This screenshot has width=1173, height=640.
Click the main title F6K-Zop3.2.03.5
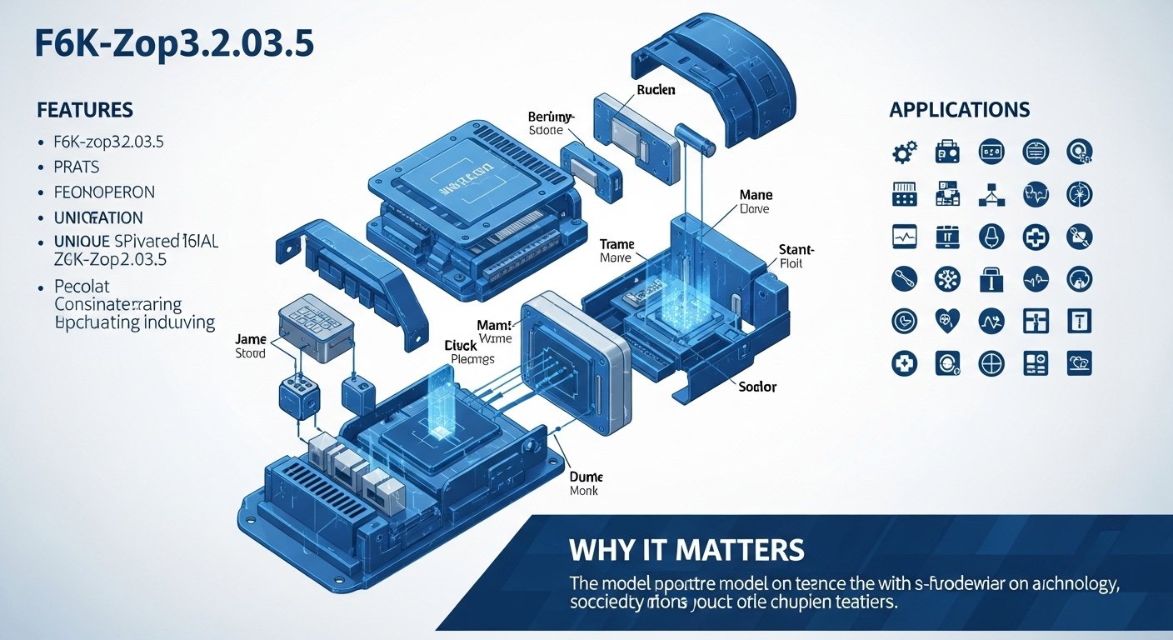point(175,45)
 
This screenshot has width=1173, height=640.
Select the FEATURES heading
point(85,110)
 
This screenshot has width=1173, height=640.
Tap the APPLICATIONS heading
point(960,110)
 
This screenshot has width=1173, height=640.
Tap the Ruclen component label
point(656,90)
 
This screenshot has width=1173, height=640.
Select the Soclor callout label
point(758,387)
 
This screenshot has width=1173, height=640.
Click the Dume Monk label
point(586,484)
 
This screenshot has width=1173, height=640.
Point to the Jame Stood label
point(250,346)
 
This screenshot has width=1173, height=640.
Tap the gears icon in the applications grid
point(905,152)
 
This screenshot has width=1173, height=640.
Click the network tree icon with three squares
point(992,195)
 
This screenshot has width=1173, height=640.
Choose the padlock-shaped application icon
point(992,279)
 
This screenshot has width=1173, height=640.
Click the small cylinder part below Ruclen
point(696,139)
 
